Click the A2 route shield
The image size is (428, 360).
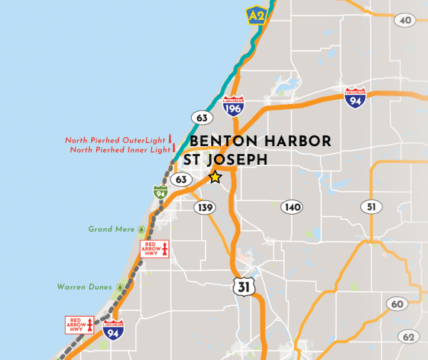(x=255, y=15)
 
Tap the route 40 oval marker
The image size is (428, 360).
(x=405, y=20)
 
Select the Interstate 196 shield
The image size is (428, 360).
(x=233, y=106)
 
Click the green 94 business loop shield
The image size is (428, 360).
(x=160, y=192)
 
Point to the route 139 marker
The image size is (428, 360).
(x=204, y=207)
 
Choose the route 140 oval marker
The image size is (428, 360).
(x=292, y=207)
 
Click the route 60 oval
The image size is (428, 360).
(x=397, y=304)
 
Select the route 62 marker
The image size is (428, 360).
(x=408, y=336)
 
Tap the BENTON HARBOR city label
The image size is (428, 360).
(x=260, y=141)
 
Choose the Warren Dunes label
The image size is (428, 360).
(x=84, y=287)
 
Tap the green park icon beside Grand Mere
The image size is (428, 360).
(x=141, y=230)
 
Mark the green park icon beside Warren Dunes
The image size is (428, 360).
(x=119, y=287)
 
